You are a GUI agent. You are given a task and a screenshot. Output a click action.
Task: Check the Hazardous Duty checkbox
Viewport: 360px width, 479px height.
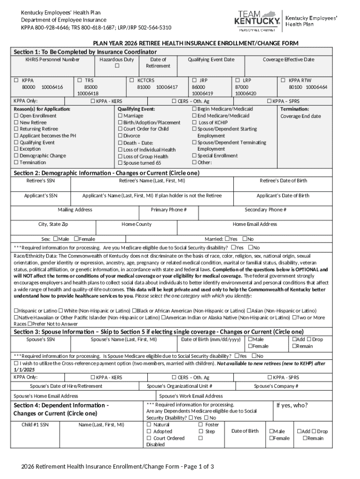click(116, 66)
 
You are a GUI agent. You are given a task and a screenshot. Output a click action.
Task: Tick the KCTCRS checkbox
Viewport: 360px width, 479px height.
click(132, 80)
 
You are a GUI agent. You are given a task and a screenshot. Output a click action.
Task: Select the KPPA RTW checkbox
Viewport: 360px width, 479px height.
click(283, 80)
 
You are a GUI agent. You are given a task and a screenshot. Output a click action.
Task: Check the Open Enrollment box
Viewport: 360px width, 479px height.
click(16, 116)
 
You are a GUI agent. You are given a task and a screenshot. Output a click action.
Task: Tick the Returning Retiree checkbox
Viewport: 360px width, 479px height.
click(16, 129)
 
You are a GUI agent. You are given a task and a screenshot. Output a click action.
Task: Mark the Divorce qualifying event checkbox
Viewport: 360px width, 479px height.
click(120, 136)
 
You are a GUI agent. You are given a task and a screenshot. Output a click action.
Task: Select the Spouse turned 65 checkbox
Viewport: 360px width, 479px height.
click(120, 163)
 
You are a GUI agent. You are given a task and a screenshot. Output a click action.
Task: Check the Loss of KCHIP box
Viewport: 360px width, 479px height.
click(194, 122)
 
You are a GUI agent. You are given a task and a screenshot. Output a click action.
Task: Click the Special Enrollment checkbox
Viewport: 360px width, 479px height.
click(194, 156)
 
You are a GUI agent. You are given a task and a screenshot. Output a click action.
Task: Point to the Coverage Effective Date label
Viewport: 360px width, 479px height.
click(288, 60)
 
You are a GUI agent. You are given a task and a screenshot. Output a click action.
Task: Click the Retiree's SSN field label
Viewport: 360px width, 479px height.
click(40, 181)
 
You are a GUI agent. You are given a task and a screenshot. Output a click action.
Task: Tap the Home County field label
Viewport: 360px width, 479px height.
click(137, 224)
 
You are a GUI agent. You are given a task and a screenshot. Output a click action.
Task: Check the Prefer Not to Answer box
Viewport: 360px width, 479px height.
click(30, 324)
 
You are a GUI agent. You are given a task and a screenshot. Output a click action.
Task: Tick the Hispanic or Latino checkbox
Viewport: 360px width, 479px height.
click(16, 311)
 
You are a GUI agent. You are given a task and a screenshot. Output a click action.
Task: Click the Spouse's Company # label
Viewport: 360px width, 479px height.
click(276, 386)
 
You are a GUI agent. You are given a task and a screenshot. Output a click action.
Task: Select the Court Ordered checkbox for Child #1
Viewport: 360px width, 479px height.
click(149, 438)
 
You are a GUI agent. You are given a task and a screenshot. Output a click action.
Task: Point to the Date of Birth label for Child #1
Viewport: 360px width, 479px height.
click(245, 431)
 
